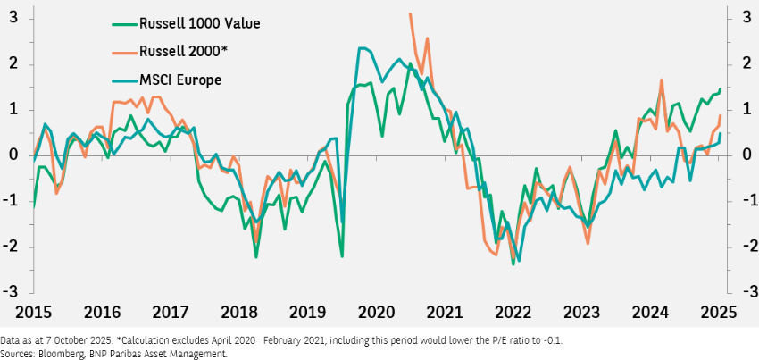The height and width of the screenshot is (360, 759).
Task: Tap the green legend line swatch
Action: pos(124,22)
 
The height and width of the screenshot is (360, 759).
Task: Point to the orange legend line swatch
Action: pos(124,51)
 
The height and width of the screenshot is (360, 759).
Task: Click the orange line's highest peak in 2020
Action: pos(410,13)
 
